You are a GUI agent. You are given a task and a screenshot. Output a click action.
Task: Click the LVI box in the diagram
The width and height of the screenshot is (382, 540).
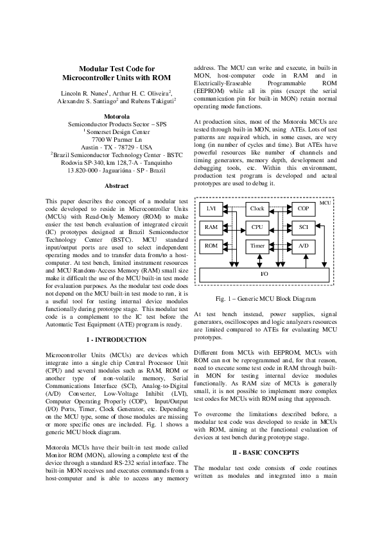click(x=211, y=209)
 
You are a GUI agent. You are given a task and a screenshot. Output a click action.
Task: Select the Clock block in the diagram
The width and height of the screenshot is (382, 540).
click(x=257, y=209)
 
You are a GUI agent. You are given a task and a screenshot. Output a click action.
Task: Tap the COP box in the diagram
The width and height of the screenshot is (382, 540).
click(x=303, y=209)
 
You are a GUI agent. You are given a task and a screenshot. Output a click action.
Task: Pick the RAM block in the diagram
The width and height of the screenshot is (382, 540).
click(x=211, y=228)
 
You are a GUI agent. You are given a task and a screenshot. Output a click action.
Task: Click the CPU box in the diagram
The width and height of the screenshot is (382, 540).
click(x=257, y=228)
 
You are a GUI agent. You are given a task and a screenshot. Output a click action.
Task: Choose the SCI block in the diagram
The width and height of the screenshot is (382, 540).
click(x=303, y=228)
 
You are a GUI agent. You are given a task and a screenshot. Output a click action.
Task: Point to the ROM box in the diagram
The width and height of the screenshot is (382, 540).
click(x=211, y=246)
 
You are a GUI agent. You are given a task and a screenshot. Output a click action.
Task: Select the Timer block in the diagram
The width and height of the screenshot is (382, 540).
click(x=257, y=246)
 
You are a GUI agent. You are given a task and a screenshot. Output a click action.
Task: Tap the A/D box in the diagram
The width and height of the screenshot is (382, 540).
click(x=303, y=246)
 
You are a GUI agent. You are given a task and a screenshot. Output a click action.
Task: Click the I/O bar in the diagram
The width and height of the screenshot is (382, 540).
click(x=264, y=274)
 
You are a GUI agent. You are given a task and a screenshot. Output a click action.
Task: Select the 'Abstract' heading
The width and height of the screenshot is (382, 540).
click(x=116, y=186)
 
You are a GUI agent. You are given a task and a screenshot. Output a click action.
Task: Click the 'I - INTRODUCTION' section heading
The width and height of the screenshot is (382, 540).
click(x=116, y=339)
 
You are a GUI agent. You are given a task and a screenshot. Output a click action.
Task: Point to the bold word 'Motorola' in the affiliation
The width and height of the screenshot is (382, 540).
click(x=116, y=117)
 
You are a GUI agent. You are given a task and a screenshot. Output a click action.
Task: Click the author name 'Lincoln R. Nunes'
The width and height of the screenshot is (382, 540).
click(x=83, y=93)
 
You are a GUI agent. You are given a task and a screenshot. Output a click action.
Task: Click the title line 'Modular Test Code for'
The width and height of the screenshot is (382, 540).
click(x=116, y=69)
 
